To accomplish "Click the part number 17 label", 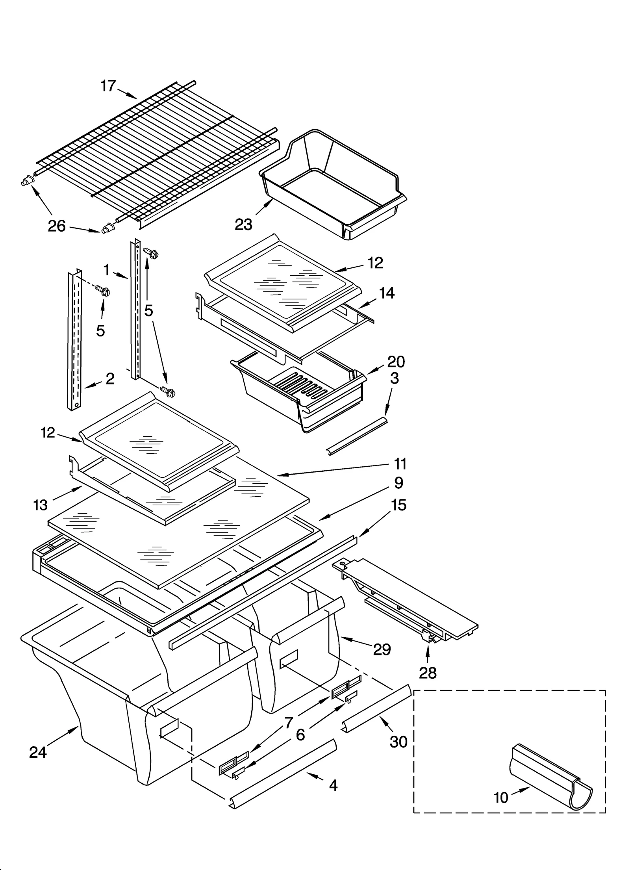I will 108,85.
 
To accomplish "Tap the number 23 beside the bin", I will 243,224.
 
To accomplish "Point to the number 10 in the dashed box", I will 501,798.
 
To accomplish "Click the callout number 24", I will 38,752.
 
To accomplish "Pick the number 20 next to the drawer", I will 396,362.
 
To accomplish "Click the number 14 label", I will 387,293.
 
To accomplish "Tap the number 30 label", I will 398,742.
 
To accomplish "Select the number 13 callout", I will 41,505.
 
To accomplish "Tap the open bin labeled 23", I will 335,185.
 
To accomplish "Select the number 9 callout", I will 398,483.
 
